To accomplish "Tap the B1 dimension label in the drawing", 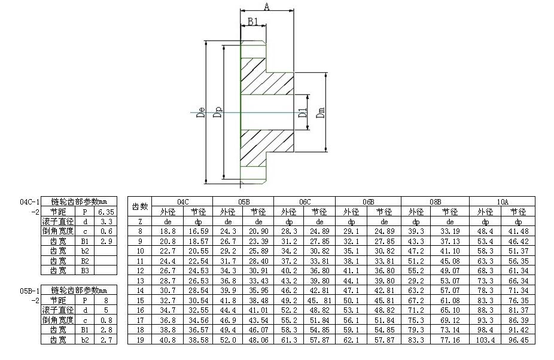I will pyautogui.click(x=252, y=22).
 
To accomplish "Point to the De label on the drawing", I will pyautogui.click(x=201, y=113).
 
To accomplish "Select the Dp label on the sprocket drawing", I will pyautogui.click(x=218, y=113).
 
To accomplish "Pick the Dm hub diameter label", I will pyautogui.click(x=321, y=113).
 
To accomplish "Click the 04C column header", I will pyautogui.click(x=182, y=202).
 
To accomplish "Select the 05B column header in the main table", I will pyautogui.click(x=243, y=202).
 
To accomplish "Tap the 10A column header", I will pyautogui.click(x=503, y=202).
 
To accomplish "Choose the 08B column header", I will pyautogui.click(x=435, y=202).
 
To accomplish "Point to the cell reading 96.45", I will pyautogui.click(x=519, y=340).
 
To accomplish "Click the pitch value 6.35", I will pyautogui.click(x=105, y=212).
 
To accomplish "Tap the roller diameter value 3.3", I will pyautogui.click(x=106, y=221).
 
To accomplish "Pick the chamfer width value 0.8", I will pyautogui.click(x=106, y=320).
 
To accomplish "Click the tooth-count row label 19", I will pyautogui.click(x=140, y=340).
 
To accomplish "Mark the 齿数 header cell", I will pyautogui.click(x=140, y=206).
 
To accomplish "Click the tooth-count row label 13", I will pyautogui.click(x=140, y=280).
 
